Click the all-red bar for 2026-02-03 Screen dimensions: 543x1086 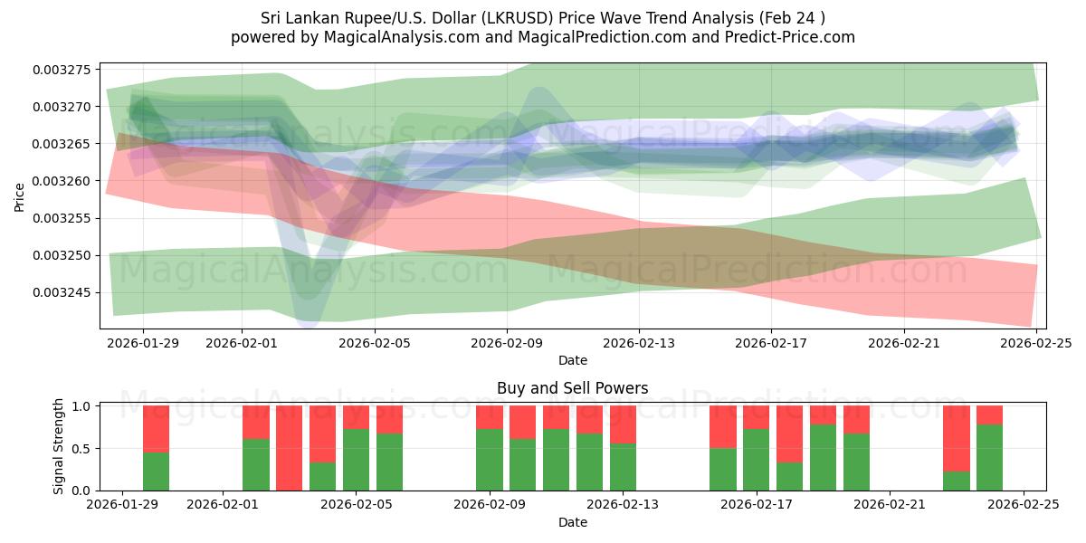point(289,448)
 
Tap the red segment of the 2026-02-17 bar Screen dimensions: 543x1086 point(756,417)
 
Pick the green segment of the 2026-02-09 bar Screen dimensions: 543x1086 point(490,460)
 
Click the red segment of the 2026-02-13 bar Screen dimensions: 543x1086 point(623,424)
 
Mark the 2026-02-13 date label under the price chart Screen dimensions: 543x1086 point(639,343)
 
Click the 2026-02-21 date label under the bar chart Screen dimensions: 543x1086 point(890,505)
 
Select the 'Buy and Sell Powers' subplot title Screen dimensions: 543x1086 point(572,388)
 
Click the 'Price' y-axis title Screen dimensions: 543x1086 point(19,197)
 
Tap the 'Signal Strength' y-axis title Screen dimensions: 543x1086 point(60,447)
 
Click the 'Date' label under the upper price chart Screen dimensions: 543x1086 point(572,360)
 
